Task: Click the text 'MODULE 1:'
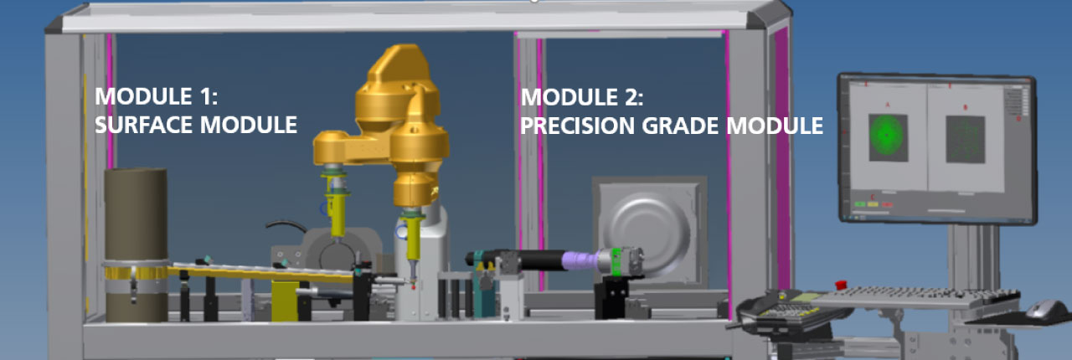click(156, 95)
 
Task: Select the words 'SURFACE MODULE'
click(196, 125)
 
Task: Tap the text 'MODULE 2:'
click(582, 96)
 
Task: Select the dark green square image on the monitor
click(966, 139)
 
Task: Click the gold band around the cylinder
click(135, 271)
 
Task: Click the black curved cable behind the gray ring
click(286, 225)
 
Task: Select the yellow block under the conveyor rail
click(285, 301)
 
